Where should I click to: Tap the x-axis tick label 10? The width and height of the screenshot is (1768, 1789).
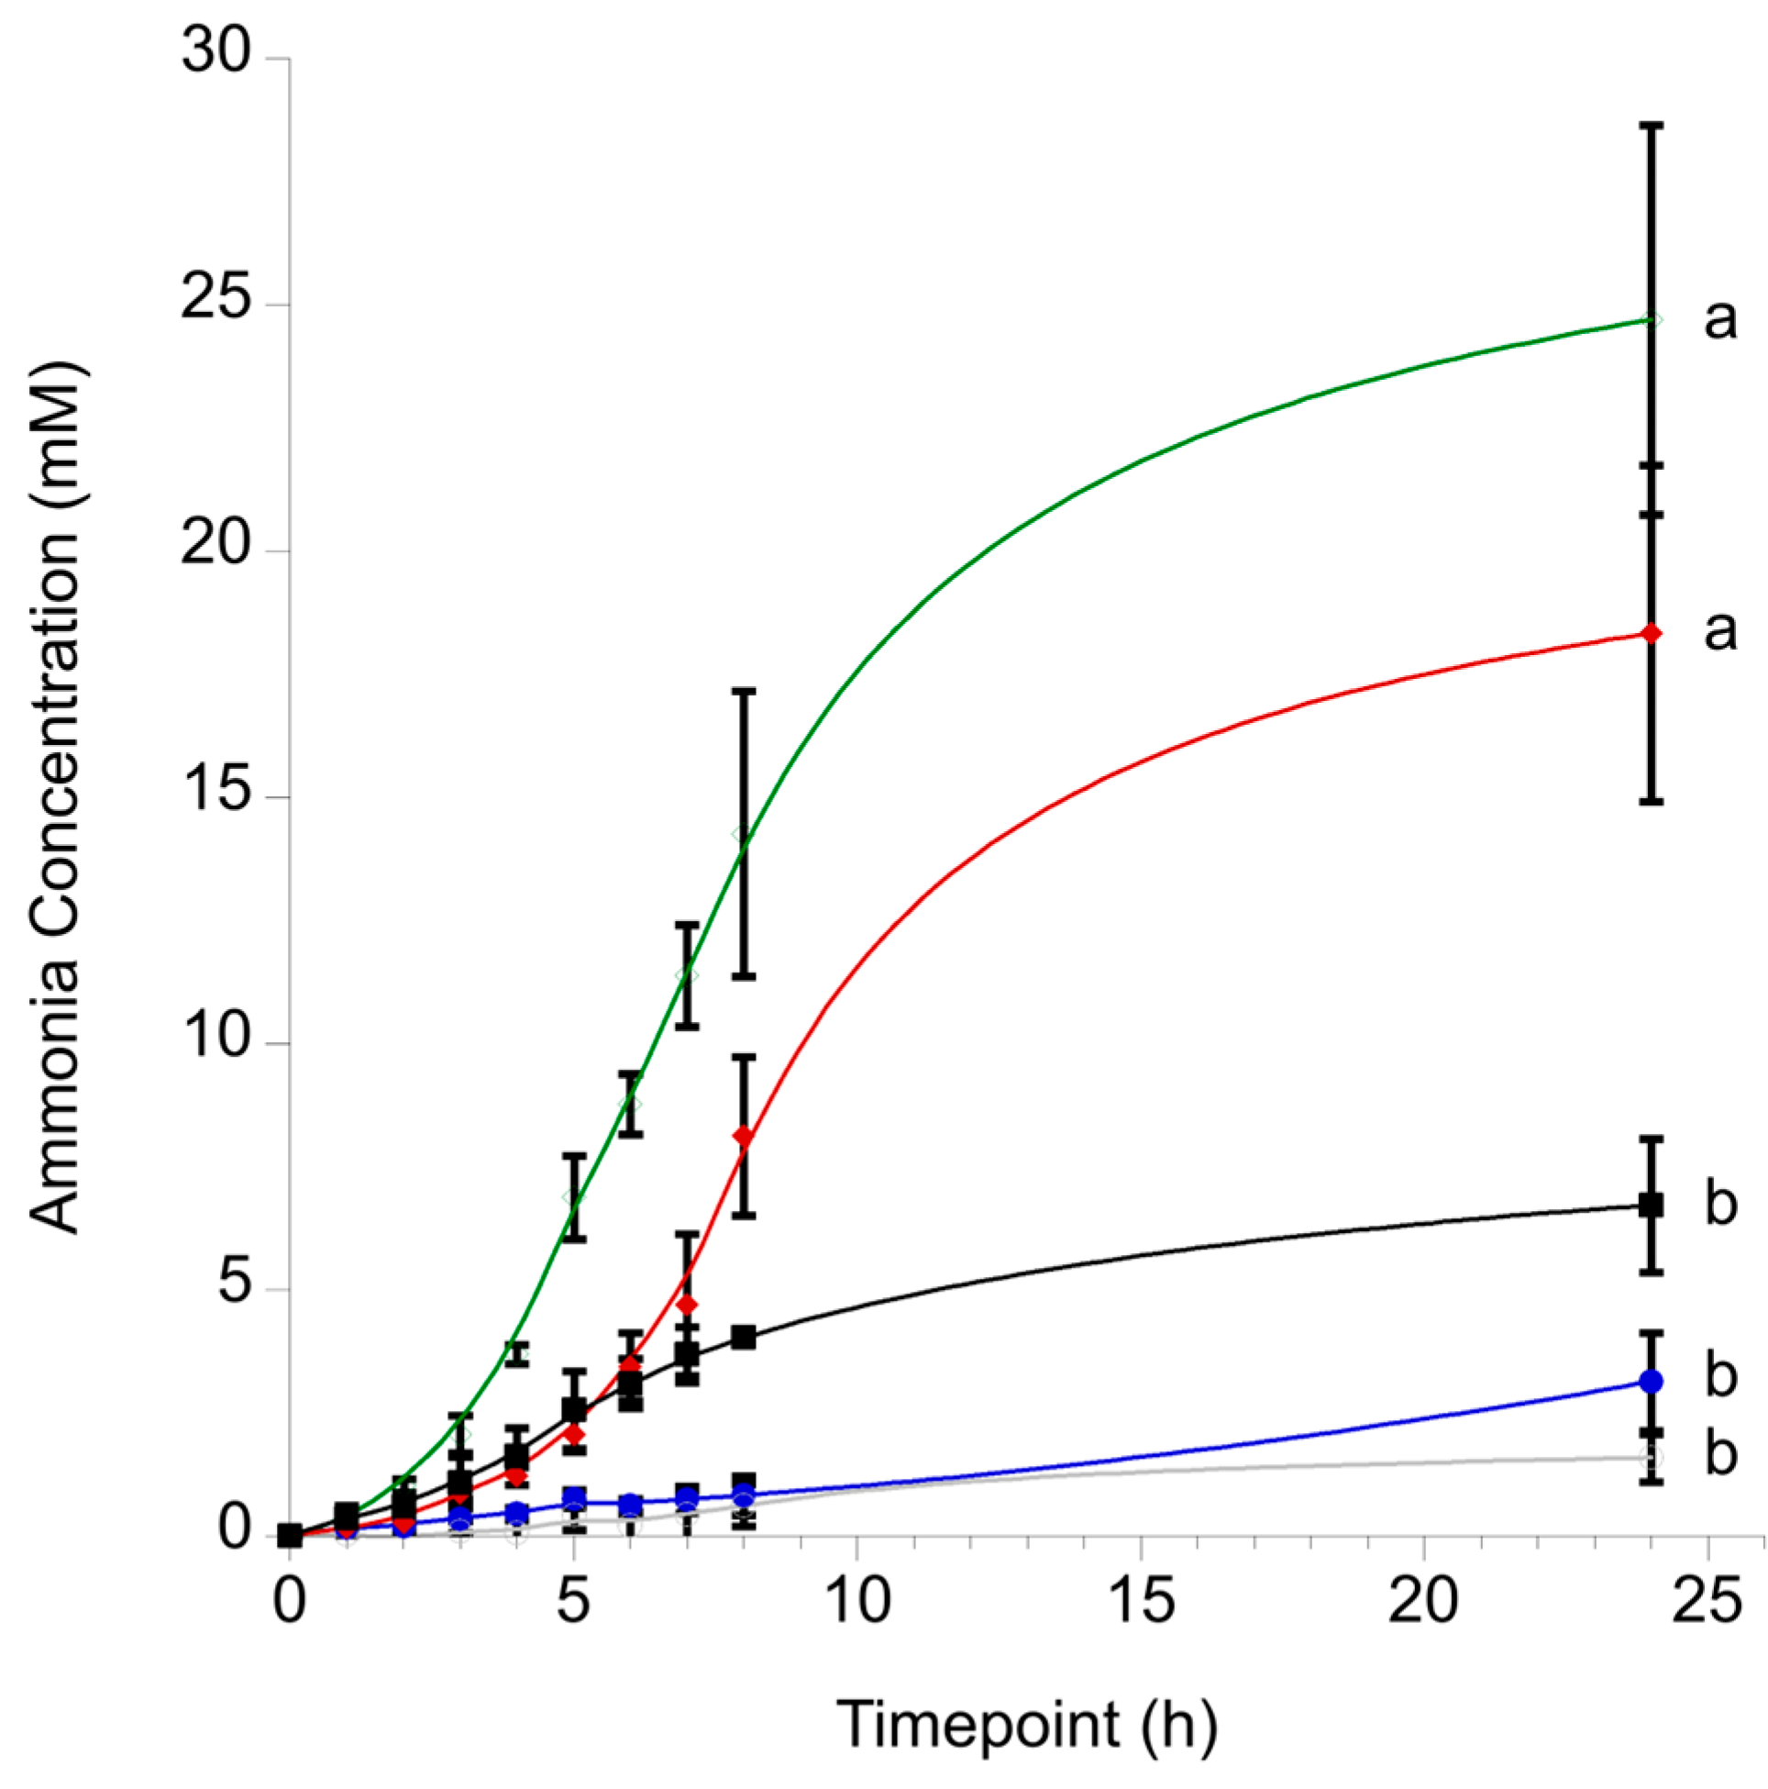[x=856, y=1600]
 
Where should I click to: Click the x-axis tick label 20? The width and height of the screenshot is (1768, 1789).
[x=1422, y=1600]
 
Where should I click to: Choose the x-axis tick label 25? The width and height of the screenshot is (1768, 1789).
[x=1706, y=1600]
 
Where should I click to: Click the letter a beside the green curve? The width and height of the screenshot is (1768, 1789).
[x=1720, y=320]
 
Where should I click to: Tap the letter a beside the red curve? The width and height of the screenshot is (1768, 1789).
[x=1720, y=631]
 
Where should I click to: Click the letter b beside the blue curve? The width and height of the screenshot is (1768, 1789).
[x=1720, y=1376]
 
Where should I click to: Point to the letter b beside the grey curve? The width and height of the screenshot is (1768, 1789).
[x=1720, y=1455]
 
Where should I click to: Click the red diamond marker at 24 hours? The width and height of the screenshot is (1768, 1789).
[x=1652, y=633]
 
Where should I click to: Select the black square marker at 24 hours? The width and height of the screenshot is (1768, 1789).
[x=1652, y=1205]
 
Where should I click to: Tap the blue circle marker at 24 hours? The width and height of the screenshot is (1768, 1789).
[x=1652, y=1381]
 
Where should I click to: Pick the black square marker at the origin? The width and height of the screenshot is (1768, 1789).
[x=291, y=1535]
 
